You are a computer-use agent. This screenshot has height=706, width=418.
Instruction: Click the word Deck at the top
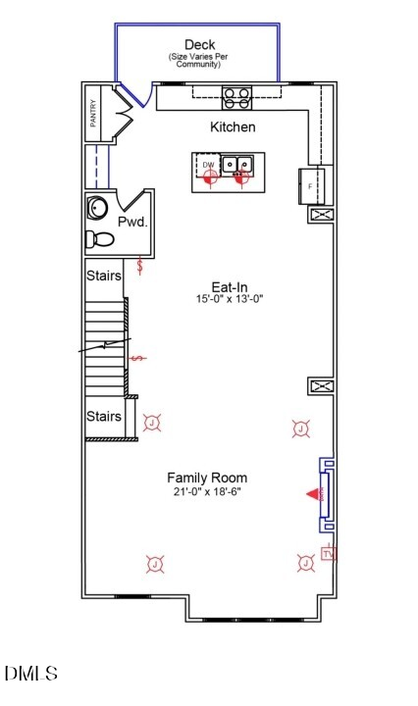[199, 45]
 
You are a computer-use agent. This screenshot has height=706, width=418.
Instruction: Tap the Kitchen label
[233, 127]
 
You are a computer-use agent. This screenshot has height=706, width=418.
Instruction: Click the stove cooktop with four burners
[236, 96]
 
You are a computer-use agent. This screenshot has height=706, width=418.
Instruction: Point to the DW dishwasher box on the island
[208, 165]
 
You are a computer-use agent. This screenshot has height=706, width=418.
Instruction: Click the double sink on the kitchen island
[236, 165]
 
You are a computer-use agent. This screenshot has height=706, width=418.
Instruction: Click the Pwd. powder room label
[132, 223]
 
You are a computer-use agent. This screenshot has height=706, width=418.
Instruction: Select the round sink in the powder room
[99, 208]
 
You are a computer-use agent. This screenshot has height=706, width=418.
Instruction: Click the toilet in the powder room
[99, 238]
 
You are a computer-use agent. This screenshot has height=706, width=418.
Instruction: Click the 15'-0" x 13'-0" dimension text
[230, 300]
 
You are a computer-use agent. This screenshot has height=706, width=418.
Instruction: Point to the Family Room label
[206, 477]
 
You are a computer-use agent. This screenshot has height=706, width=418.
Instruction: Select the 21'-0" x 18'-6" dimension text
[206, 491]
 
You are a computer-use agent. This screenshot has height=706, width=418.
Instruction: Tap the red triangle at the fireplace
[314, 495]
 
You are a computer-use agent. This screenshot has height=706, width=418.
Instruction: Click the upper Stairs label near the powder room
[103, 276]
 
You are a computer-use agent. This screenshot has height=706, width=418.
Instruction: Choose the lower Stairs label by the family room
[103, 417]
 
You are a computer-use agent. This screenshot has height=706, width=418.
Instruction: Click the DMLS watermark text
[31, 674]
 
